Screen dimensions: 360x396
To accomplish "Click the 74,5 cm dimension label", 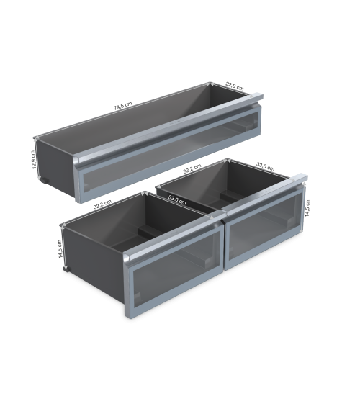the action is click(123, 106).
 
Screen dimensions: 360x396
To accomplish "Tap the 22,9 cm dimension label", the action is click(235, 86).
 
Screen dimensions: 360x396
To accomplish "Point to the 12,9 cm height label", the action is click(33, 160).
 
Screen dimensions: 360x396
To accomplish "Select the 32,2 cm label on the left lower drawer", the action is click(102, 204).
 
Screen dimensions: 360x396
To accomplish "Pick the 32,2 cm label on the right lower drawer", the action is click(192, 168).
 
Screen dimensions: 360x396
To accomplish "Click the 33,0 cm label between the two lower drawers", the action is click(177, 200).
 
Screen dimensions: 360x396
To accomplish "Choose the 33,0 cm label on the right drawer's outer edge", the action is click(265, 167).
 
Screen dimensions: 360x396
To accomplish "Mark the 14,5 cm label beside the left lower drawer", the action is click(60, 249).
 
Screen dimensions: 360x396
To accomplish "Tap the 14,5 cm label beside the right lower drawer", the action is click(307, 207).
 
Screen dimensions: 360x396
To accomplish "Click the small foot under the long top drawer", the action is click(45, 180).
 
